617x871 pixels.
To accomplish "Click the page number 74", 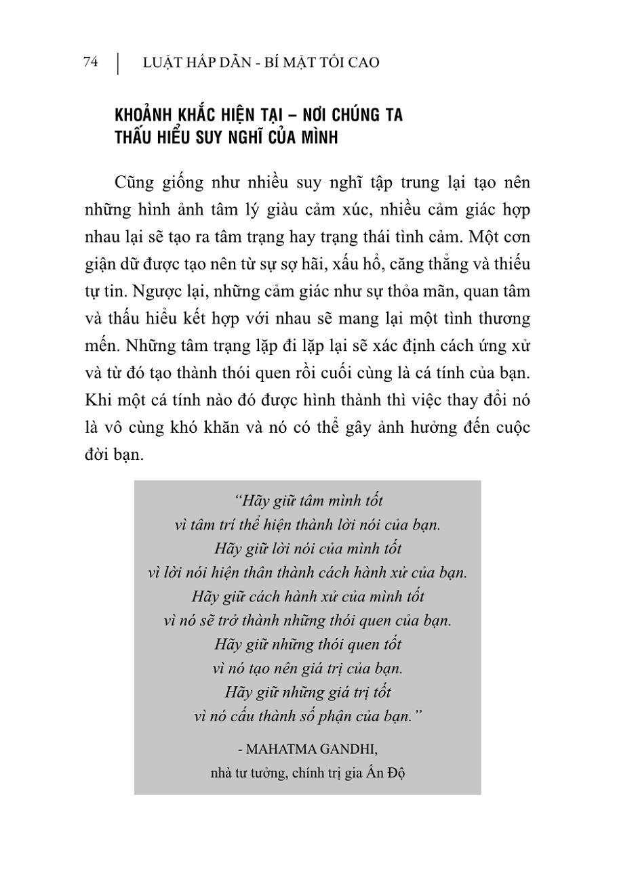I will tap(90, 62).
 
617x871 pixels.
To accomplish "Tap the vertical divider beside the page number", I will tap(118, 63).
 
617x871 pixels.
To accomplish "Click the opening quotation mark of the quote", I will tap(236, 501).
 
